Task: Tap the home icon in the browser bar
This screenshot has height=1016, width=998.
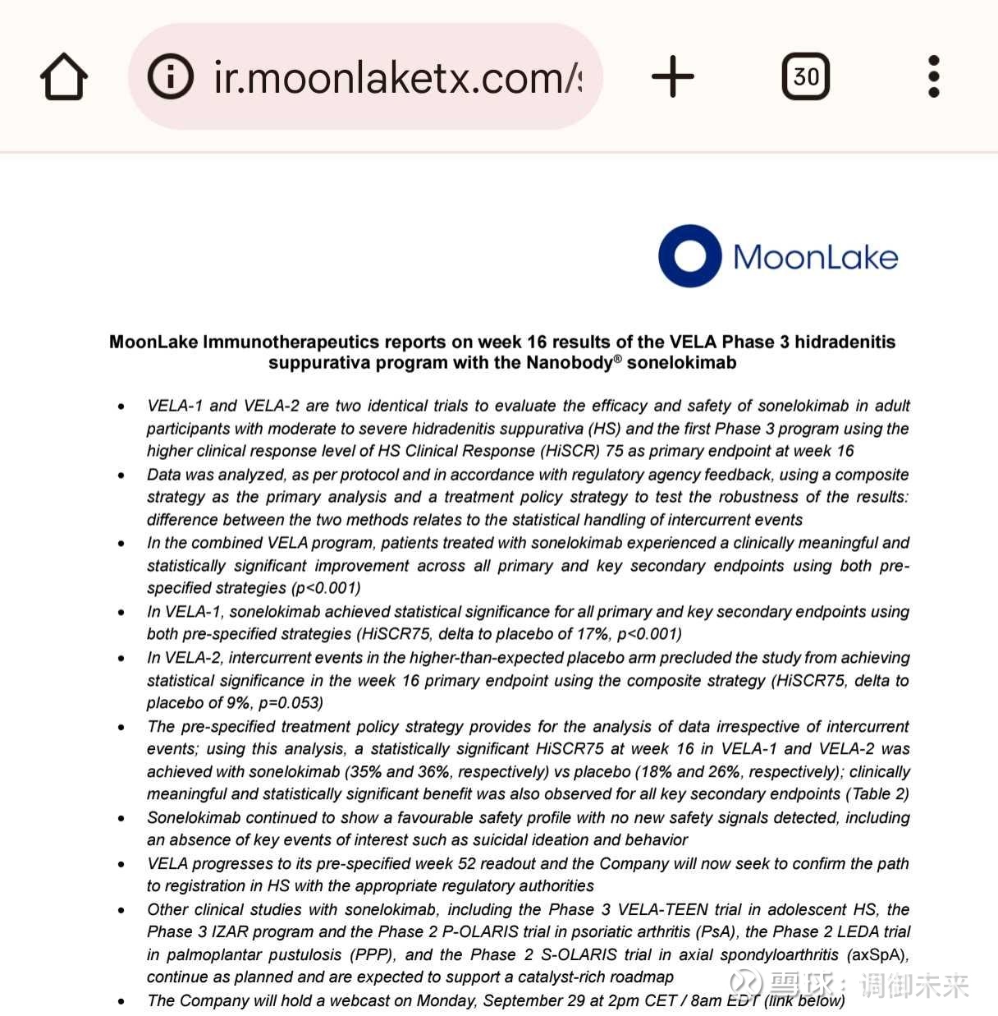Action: tap(64, 76)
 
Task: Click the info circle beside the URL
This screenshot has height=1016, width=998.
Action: tap(170, 76)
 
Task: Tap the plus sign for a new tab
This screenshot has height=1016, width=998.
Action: tap(673, 76)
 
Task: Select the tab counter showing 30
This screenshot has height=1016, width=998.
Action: tap(805, 76)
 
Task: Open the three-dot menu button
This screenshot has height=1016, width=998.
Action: tap(933, 76)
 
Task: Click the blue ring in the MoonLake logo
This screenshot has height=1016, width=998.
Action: tap(689, 255)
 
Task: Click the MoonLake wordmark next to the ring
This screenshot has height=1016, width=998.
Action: tap(815, 257)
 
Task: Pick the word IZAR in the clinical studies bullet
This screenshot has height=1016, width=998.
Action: tap(230, 932)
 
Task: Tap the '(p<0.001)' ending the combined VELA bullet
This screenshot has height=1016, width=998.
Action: tap(325, 588)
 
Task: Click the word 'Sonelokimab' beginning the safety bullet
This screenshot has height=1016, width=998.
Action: tap(194, 818)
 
